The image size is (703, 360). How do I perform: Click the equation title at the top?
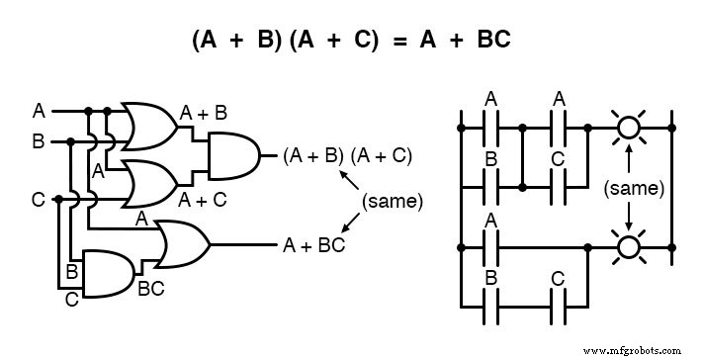tap(351, 43)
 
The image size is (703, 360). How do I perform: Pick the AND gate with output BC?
tap(107, 272)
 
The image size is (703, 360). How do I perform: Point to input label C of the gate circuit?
tap(38, 200)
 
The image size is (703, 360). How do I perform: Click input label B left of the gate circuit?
tap(38, 141)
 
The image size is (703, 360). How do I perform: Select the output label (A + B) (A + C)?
tap(347, 155)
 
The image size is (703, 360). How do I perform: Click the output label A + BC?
tap(313, 243)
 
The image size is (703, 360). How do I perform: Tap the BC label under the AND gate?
tap(150, 289)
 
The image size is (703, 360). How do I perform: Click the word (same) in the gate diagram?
tap(392, 201)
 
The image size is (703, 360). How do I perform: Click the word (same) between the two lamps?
tap(627, 186)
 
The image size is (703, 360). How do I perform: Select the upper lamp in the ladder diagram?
tap(626, 127)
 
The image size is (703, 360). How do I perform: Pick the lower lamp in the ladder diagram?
tap(626, 245)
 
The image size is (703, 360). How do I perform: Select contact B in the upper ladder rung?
tap(490, 185)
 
